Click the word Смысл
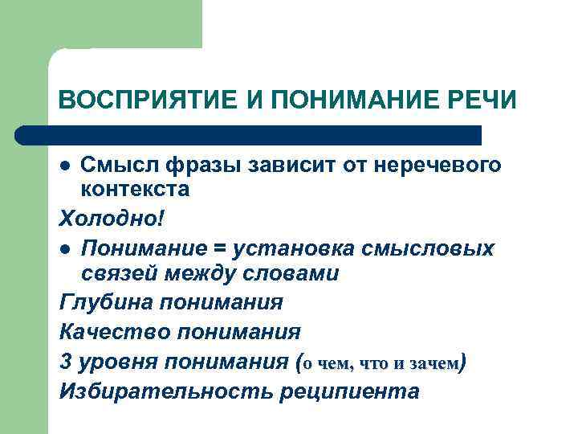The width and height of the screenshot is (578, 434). point(120,166)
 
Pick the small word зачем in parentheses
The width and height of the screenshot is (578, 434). point(433,362)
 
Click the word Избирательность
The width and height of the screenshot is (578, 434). point(165,391)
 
